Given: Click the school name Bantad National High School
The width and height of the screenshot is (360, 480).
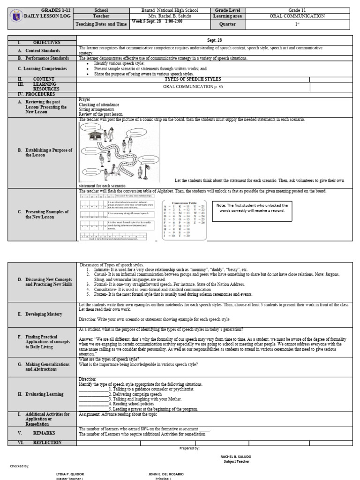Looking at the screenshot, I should click(x=170, y=10).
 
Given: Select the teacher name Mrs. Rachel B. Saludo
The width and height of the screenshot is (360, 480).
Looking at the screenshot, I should click(x=170, y=16).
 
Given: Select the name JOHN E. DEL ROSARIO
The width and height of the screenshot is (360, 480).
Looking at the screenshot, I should click(x=166, y=474).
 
